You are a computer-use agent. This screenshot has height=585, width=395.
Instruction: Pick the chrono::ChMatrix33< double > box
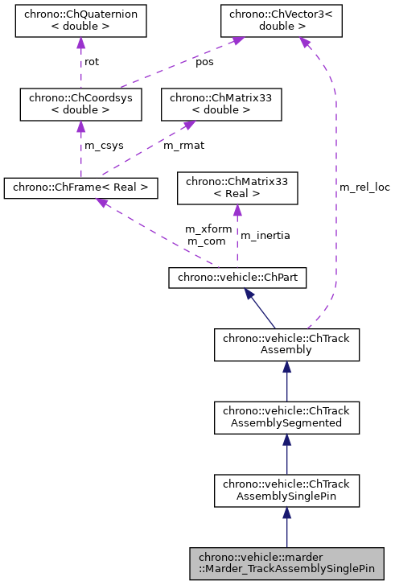[221, 104]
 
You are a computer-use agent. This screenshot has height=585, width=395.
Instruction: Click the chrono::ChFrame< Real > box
[80, 187]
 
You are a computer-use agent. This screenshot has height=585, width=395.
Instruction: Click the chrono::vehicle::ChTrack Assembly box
[287, 344]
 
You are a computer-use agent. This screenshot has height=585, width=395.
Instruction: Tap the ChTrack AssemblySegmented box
[287, 417]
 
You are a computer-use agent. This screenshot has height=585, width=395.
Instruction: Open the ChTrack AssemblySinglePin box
[287, 489]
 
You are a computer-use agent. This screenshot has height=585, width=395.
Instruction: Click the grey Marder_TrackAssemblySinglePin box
[286, 562]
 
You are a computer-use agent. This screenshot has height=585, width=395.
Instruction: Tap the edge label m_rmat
[183, 146]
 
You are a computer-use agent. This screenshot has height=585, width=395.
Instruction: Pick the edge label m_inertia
[265, 235]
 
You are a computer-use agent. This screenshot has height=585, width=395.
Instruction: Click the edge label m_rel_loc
[364, 187]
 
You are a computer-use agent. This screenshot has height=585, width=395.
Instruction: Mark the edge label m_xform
[208, 229]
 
